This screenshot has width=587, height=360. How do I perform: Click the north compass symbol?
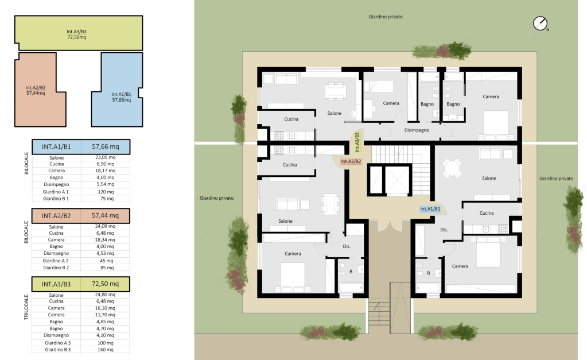pyautogui.click(x=540, y=24)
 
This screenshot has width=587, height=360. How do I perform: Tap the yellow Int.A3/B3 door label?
pyautogui.click(x=357, y=142)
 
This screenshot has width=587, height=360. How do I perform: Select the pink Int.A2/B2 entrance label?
pyautogui.click(x=351, y=161)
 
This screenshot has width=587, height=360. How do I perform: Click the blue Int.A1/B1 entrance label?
pyautogui.click(x=430, y=208)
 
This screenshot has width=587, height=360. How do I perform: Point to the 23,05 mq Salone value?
pyautogui.click(x=106, y=157)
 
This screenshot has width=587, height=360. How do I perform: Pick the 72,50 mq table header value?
pyautogui.click(x=105, y=284)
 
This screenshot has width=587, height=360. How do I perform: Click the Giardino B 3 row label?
pyautogui.click(x=57, y=350)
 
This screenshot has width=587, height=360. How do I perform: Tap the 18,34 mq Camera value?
pyautogui.click(x=106, y=240)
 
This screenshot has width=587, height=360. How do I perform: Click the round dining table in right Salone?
pyautogui.click(x=452, y=168)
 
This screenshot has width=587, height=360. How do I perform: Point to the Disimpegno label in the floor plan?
pyautogui.click(x=417, y=130)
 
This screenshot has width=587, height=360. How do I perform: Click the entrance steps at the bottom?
pyautogui.click(x=379, y=315)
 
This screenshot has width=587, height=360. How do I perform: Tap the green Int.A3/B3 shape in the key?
pyautogui.click(x=79, y=33)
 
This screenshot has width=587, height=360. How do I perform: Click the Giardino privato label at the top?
pyautogui.click(x=386, y=17)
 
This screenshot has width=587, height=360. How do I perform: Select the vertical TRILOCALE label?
pyautogui.click(x=26, y=307)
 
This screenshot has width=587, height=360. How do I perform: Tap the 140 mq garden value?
pyautogui.click(x=106, y=350)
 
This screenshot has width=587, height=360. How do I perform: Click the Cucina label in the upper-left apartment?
pyautogui.click(x=291, y=119)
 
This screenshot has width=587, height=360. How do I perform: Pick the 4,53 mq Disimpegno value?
pyautogui.click(x=106, y=253)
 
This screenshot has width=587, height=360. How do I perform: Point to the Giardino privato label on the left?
pyautogui.click(x=217, y=198)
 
